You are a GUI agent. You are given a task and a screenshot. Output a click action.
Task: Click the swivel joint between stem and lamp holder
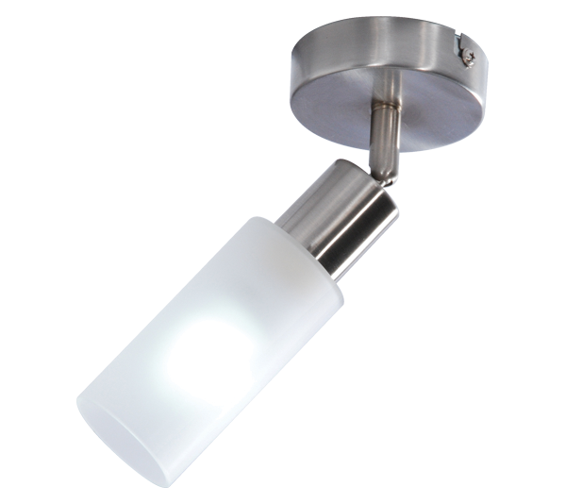(x=375, y=170)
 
